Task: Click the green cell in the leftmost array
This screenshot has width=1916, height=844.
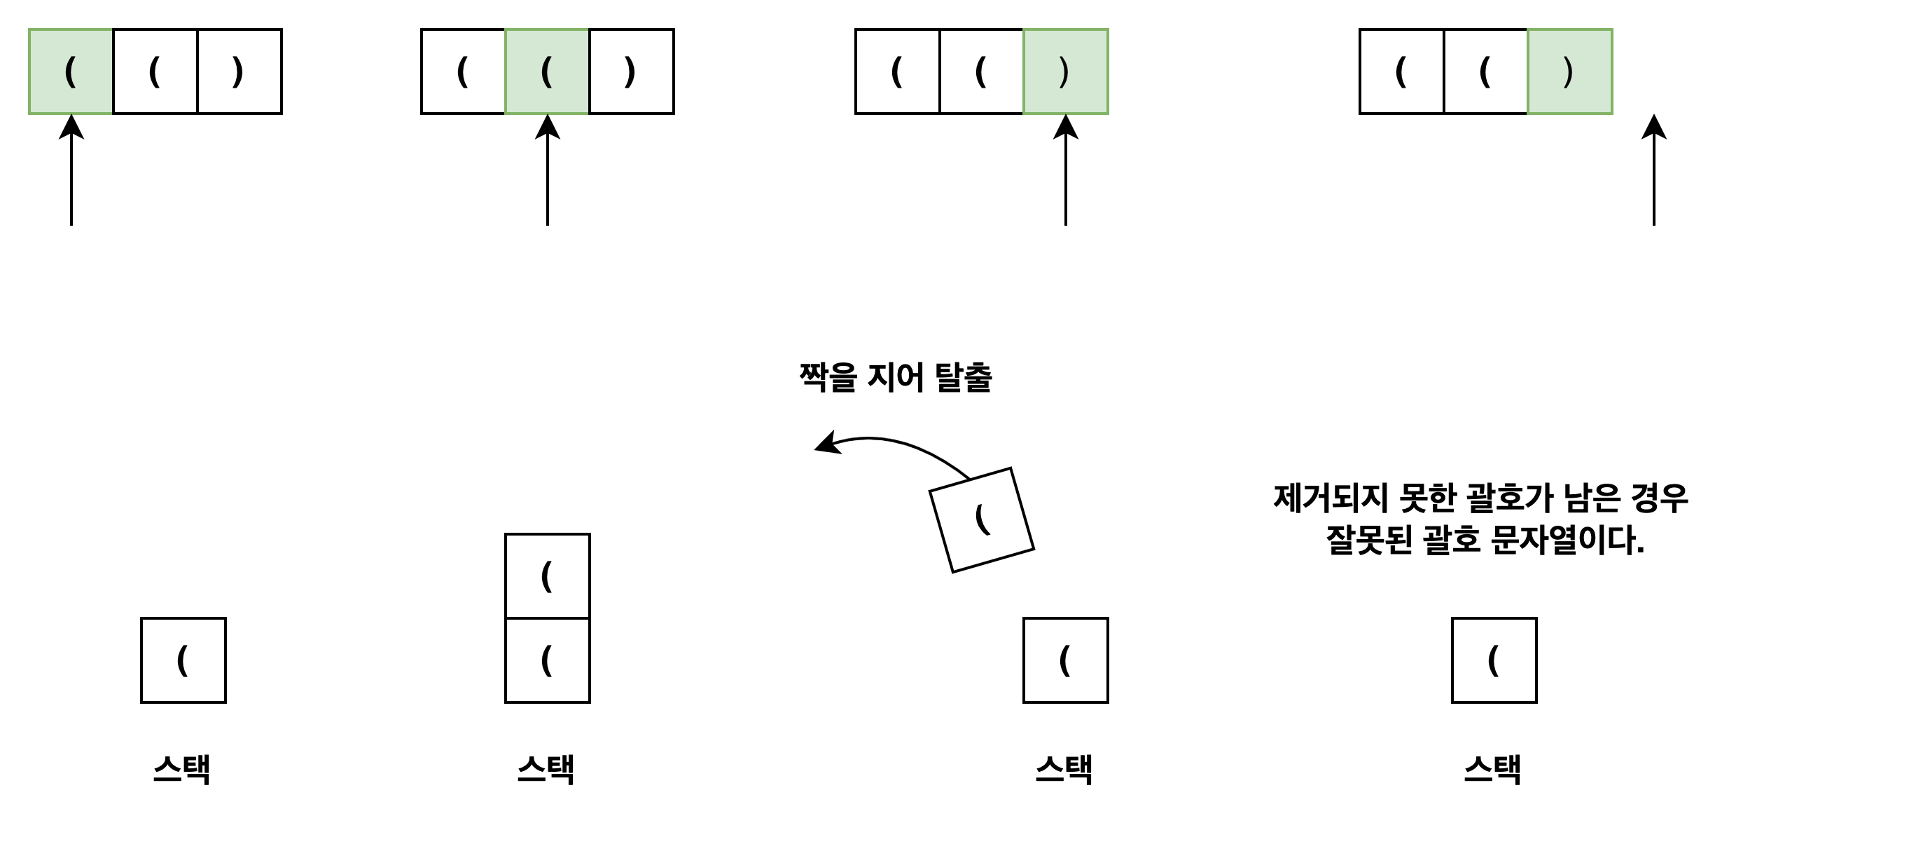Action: (x=71, y=72)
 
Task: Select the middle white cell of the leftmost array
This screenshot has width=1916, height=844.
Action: (x=155, y=72)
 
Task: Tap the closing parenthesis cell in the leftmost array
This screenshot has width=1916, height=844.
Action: (x=239, y=72)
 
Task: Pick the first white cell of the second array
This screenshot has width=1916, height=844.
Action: (x=464, y=72)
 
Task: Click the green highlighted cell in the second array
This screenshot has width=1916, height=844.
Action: (x=547, y=72)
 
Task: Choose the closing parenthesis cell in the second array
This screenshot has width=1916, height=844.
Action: (x=632, y=72)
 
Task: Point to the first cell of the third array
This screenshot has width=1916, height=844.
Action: (x=898, y=72)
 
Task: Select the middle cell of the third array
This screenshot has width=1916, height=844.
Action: (x=982, y=72)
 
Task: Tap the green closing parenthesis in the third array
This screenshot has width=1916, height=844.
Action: (x=1066, y=72)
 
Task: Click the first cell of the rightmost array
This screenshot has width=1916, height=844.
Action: (x=1402, y=72)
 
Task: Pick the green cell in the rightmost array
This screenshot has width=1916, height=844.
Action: (x=1570, y=72)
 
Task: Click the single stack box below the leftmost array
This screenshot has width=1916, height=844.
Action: (x=183, y=660)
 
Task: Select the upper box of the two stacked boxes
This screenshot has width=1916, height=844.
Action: (x=548, y=576)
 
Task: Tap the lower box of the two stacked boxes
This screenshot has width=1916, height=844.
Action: (x=548, y=660)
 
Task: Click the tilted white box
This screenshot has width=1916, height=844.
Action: (x=982, y=520)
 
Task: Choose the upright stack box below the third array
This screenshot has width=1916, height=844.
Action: (x=1066, y=660)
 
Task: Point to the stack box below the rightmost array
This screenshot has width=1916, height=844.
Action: (x=1494, y=660)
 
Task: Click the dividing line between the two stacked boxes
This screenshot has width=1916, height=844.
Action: (x=548, y=618)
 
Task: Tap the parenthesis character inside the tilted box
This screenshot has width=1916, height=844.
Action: (x=982, y=519)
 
